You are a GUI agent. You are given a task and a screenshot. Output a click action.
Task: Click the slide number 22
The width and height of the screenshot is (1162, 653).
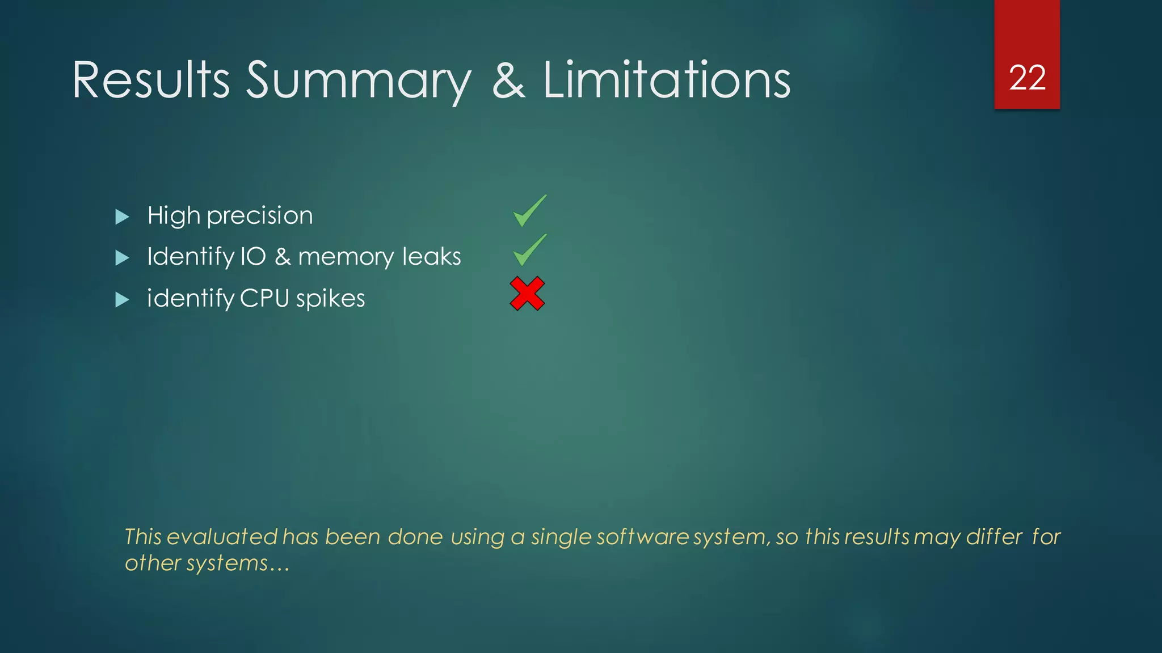pyautogui.click(x=1027, y=78)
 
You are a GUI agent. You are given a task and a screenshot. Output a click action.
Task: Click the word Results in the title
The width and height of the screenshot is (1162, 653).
pyautogui.click(x=151, y=80)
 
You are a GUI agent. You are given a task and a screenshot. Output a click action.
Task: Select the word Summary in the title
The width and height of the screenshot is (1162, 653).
pyautogui.click(x=358, y=82)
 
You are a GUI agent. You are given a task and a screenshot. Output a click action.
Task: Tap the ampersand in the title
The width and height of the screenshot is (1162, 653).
pyautogui.click(x=508, y=81)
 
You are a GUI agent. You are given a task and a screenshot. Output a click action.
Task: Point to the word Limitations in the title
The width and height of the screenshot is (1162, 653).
pyautogui.click(x=667, y=80)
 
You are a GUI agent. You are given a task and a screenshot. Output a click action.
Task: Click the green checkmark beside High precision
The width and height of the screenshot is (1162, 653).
pyautogui.click(x=529, y=211)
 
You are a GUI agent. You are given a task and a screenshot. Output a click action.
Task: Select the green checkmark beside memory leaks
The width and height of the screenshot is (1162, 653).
pyautogui.click(x=529, y=250)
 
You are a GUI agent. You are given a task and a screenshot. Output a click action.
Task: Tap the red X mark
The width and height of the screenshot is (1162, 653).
pyautogui.click(x=527, y=294)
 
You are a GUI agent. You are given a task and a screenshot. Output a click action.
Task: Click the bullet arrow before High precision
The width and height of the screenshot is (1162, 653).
pyautogui.click(x=122, y=217)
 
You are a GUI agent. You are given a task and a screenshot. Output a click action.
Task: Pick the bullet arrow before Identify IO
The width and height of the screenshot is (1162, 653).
pyautogui.click(x=122, y=258)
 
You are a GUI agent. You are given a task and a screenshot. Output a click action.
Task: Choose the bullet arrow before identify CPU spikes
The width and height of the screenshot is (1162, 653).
pyautogui.click(x=122, y=299)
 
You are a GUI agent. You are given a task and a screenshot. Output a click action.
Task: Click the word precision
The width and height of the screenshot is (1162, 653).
pyautogui.click(x=260, y=216)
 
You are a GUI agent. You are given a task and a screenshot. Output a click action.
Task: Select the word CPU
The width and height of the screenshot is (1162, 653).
pyautogui.click(x=264, y=298)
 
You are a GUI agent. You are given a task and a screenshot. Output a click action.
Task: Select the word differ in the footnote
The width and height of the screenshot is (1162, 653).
pyautogui.click(x=994, y=537)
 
